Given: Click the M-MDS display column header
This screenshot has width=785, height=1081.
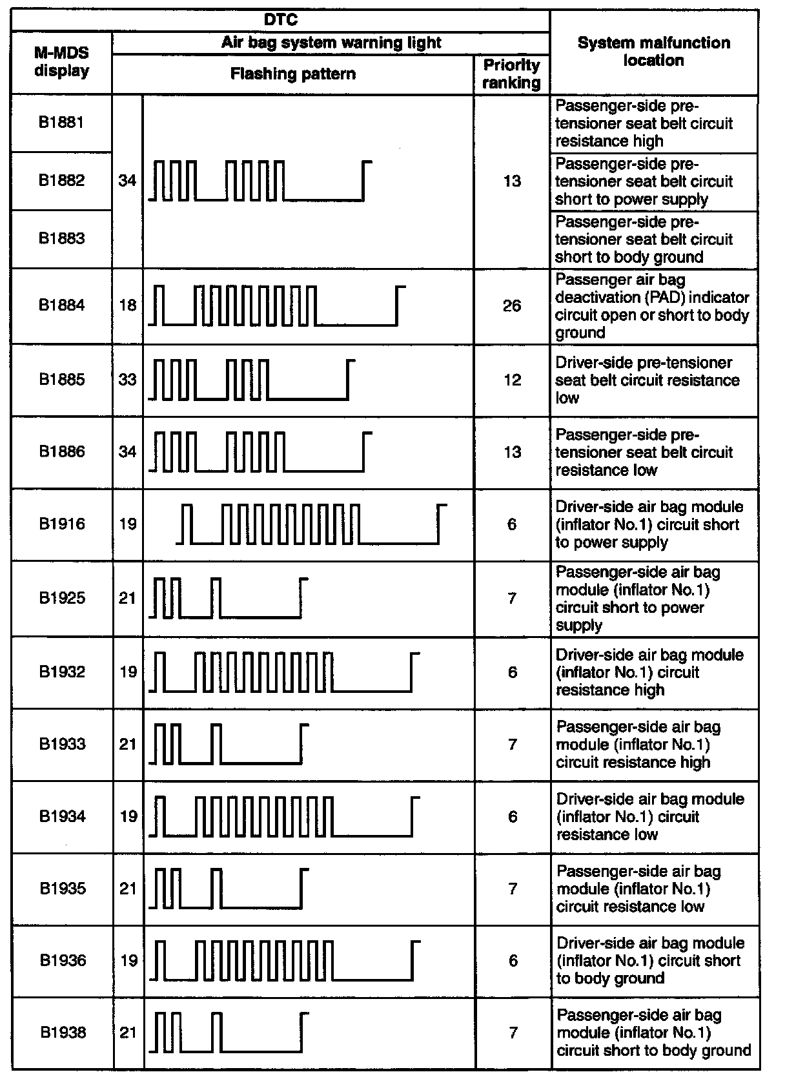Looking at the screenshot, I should click(61, 62).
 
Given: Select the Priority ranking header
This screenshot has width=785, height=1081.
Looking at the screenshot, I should click(511, 74).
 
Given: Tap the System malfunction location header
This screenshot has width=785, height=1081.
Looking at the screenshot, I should click(653, 52).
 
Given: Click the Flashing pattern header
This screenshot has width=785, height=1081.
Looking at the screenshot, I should click(292, 74).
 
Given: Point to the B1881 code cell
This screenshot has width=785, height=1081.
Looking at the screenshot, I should click(61, 122).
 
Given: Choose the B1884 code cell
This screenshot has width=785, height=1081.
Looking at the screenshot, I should click(61, 305).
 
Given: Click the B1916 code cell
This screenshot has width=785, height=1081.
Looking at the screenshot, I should click(61, 524).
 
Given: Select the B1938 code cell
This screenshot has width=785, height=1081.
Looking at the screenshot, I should click(62, 1033).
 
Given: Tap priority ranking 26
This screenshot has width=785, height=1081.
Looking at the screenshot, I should click(511, 305).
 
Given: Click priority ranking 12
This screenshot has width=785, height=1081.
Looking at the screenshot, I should click(511, 380).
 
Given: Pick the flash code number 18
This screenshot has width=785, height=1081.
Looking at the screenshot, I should click(128, 305).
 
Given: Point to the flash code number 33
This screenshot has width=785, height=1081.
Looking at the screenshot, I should click(128, 380).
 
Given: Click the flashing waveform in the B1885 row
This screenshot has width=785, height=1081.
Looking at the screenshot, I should click(252, 380).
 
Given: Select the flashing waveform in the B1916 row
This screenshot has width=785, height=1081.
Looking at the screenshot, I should click(311, 524).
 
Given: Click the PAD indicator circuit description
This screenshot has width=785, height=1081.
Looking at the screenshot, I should click(652, 306).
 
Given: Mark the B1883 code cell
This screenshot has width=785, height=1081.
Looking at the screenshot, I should click(61, 238).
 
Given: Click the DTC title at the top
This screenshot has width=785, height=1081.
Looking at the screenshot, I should click(281, 20).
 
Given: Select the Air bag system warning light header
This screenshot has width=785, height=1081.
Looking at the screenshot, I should click(331, 43).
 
